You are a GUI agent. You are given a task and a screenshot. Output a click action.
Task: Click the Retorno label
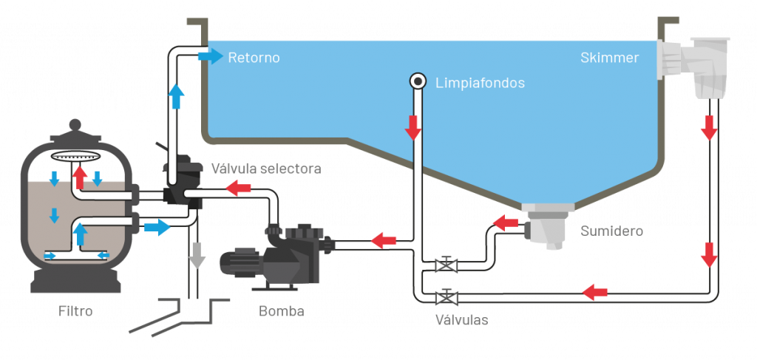pos(254,58)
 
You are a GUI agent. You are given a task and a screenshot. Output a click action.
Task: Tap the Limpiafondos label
pos(480,83)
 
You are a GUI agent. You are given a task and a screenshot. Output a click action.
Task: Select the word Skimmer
pos(609,58)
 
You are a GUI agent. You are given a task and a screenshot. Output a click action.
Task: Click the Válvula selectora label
pos(266,169)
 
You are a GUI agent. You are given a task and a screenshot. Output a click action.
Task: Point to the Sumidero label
pos(611,231)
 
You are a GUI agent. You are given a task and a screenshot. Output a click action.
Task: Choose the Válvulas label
pos(461,320)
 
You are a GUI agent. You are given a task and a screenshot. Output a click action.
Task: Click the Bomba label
pos(281,311)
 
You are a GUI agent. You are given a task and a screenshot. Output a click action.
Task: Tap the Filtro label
pos(75,311)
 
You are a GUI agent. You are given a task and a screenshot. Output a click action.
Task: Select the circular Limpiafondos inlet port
pos(417,81)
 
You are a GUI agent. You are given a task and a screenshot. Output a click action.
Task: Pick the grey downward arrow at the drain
pos(196,255)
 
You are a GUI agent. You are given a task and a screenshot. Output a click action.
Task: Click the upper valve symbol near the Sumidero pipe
pos(446,265)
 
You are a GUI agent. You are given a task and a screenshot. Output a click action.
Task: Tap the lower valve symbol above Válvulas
pos(446,297)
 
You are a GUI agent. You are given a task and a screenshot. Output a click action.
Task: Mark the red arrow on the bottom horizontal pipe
pos(594,292)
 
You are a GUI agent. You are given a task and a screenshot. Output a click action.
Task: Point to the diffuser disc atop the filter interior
pos(76,157)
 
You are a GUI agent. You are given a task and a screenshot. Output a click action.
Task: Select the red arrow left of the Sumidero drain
pos(506,222)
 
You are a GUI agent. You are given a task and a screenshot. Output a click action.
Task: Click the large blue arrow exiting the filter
pos(157,227)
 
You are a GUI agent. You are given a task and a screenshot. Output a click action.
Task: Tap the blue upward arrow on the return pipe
pos(175,96)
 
